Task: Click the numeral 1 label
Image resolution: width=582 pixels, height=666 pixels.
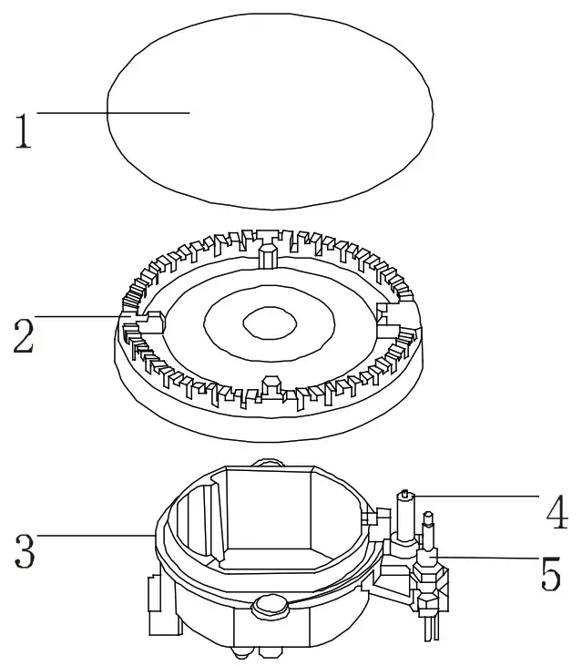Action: tap(23, 131)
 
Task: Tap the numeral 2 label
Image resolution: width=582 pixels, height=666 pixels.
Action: tap(23, 335)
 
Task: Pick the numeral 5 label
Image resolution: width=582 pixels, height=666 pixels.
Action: tap(550, 573)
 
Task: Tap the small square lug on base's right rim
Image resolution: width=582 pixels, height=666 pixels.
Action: tap(369, 517)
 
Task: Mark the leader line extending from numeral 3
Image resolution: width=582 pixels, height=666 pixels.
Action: tap(91, 536)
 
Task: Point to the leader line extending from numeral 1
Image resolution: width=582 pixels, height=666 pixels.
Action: tap(109, 112)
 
